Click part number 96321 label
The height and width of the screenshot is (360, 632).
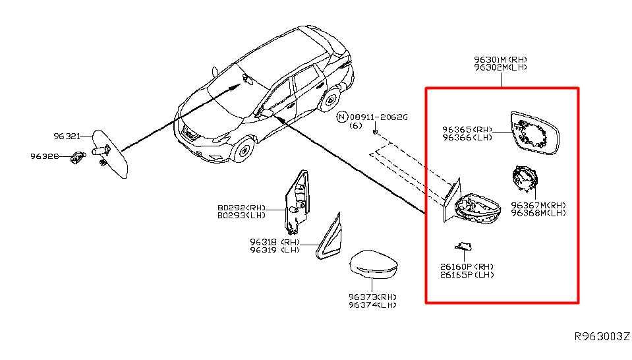point(67,136)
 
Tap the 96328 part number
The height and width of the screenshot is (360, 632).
point(45,156)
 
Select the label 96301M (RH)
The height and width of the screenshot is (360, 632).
point(500,59)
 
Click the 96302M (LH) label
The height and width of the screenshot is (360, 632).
point(500,68)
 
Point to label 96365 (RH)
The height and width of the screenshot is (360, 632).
point(467,130)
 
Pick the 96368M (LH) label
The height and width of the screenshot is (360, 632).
point(538,213)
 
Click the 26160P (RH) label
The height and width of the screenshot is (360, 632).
point(467,267)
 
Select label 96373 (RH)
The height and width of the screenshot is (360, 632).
point(372,297)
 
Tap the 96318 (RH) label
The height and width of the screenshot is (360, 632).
point(275,242)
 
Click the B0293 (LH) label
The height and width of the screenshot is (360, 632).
point(241,216)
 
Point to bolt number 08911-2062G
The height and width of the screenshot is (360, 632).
point(378,117)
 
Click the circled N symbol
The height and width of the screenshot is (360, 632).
point(342,117)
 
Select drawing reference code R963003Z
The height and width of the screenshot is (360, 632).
point(602,336)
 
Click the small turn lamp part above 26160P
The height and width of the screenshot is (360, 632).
point(463,246)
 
